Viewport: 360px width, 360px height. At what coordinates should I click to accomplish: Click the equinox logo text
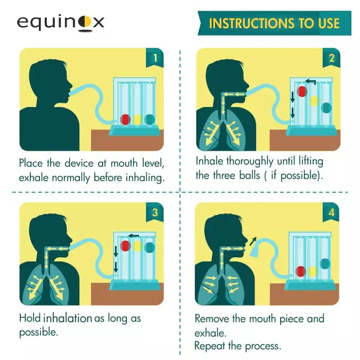point(60,22)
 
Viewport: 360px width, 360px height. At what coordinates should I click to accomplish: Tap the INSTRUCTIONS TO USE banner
point(274,23)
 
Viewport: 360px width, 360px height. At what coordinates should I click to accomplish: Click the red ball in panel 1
point(126,119)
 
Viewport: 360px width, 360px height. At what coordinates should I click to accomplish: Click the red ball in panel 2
point(302,91)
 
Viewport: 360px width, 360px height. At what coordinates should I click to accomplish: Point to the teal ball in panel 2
point(326,107)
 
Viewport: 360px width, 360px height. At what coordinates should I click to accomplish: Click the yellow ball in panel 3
point(138,246)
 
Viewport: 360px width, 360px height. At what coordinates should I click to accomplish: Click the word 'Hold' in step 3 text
point(30,318)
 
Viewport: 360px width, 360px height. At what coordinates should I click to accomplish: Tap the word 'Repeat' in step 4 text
point(211,346)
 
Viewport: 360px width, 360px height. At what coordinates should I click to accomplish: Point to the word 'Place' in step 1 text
point(32,163)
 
